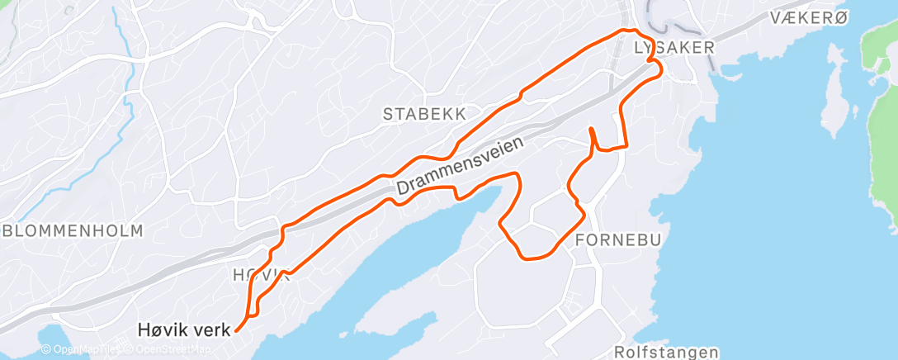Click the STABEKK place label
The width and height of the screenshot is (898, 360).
pos(425,114)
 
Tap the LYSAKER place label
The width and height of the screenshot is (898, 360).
pos(673,48)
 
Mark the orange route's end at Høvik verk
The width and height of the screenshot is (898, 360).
pos(237,330)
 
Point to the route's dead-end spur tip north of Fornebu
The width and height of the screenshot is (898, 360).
pos(591,130)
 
